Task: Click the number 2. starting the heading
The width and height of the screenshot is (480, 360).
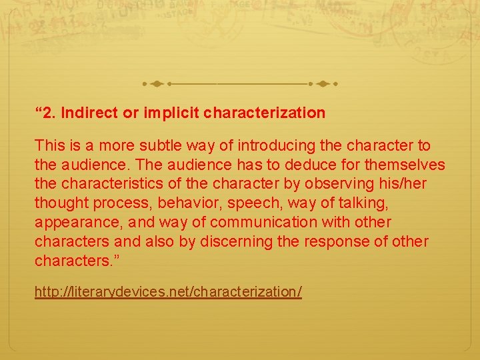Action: (x=48, y=113)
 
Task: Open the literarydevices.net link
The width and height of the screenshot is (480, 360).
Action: (x=168, y=293)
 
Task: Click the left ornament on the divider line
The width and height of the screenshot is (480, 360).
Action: (x=155, y=85)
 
